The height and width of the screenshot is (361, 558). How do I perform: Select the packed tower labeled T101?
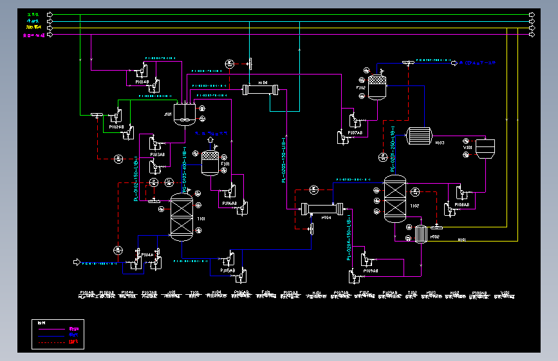181,217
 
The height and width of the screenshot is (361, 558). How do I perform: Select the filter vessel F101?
210,163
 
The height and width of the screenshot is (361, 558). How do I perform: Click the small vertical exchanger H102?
422,234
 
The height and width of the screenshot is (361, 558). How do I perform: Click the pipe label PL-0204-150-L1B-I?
349,239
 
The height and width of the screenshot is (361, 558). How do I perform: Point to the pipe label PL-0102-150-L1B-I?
136,179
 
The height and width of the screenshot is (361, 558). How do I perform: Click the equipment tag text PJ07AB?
355,132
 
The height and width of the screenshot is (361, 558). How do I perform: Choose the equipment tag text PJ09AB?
370,270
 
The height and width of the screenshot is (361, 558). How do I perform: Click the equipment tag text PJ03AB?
157,155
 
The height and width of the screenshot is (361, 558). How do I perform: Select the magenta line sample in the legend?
53,329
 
